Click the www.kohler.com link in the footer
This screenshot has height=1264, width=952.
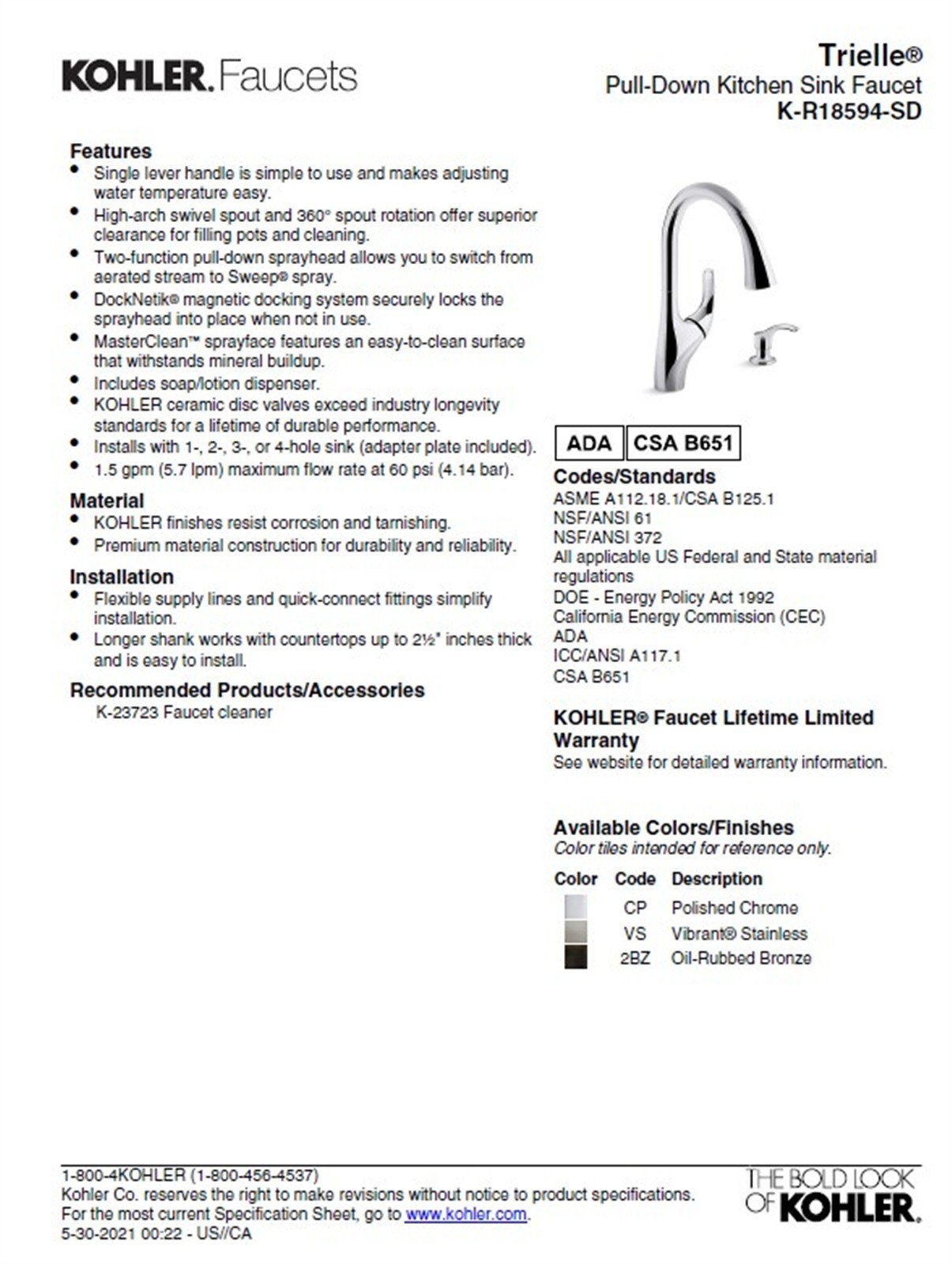pos(465,1214)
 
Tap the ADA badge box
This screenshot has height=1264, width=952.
pos(589,443)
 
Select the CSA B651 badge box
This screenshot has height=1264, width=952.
pos(683,443)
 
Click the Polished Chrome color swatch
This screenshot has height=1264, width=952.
pos(575,907)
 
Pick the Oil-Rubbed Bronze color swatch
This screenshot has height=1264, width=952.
pos(575,957)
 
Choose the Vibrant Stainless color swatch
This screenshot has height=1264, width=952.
pos(575,932)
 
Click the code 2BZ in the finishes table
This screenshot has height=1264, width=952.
pos(634,958)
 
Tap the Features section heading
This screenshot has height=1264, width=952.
pos(111,151)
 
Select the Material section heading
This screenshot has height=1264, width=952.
pos(107,501)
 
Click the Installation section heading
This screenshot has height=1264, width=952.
pos(122,577)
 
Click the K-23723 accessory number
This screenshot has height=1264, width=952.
pos(127,713)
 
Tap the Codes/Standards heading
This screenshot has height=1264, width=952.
pos(634,476)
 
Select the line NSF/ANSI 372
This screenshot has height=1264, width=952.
pos(607,538)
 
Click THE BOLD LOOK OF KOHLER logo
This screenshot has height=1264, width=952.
pos(832,1194)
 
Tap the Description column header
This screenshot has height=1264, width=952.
pos(717,878)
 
